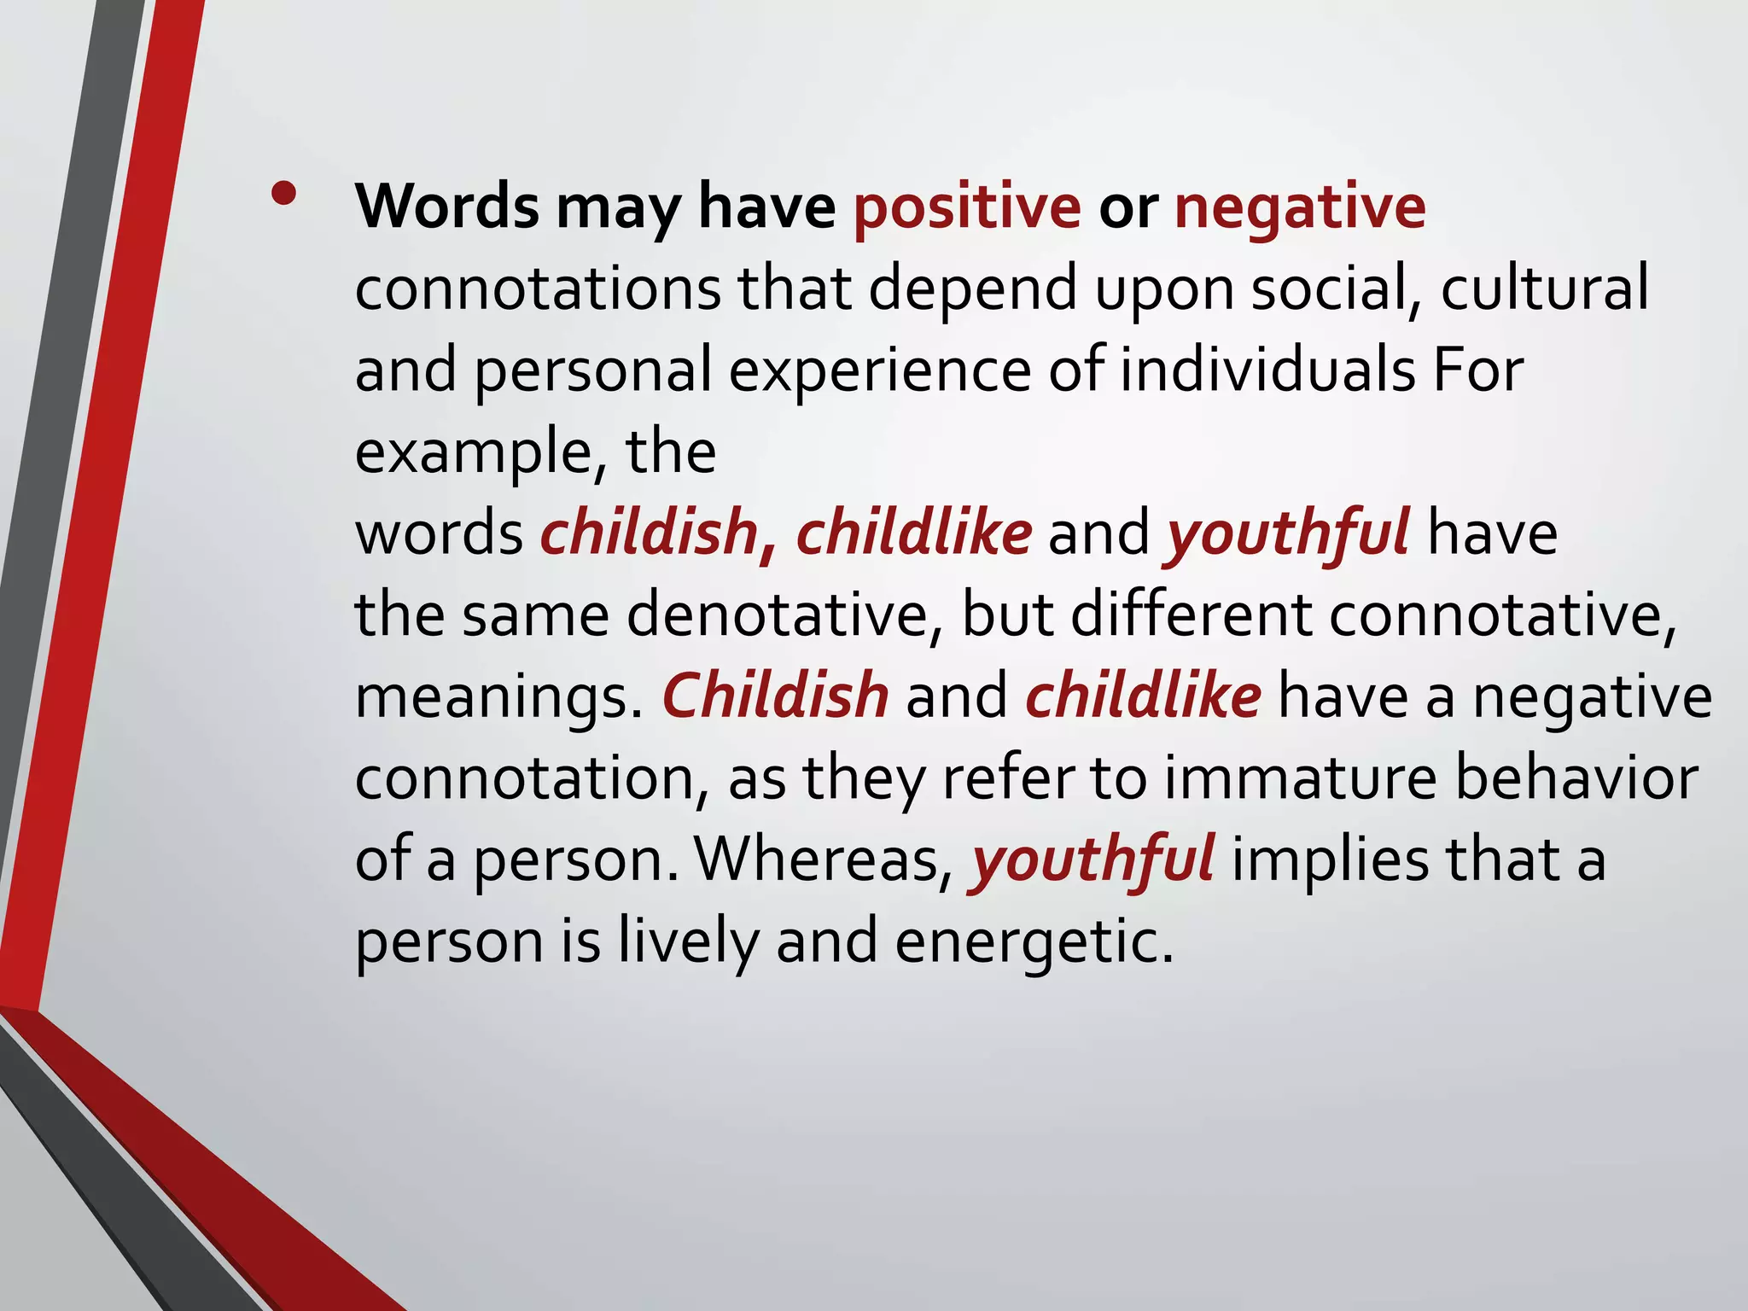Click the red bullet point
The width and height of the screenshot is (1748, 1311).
tap(283, 196)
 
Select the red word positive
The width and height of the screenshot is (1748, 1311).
tap(967, 207)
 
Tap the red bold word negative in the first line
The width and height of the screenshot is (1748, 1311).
tap(1299, 207)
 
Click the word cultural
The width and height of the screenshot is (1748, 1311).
tap(1544, 288)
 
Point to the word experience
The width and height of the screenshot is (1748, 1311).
tap(879, 371)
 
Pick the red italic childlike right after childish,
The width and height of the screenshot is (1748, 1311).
tap(913, 533)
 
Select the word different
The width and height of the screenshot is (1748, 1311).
tap(1192, 615)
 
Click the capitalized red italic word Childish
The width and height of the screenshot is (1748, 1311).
tap(775, 695)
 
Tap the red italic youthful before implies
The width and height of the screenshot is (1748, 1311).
tap(1092, 860)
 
